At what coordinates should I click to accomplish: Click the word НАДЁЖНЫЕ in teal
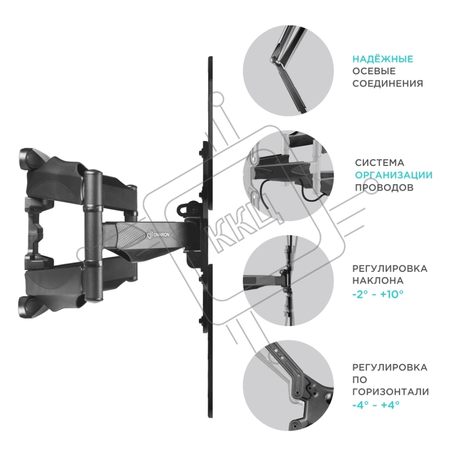click(x=383, y=59)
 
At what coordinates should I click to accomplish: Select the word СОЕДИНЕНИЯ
click(x=388, y=84)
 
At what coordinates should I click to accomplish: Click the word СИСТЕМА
click(x=379, y=163)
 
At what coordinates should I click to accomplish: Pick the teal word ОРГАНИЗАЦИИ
click(x=394, y=175)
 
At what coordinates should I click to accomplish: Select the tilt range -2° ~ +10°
click(x=378, y=294)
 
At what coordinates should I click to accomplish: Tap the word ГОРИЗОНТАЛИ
click(x=390, y=392)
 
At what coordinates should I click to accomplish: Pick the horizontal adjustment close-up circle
click(x=288, y=385)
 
